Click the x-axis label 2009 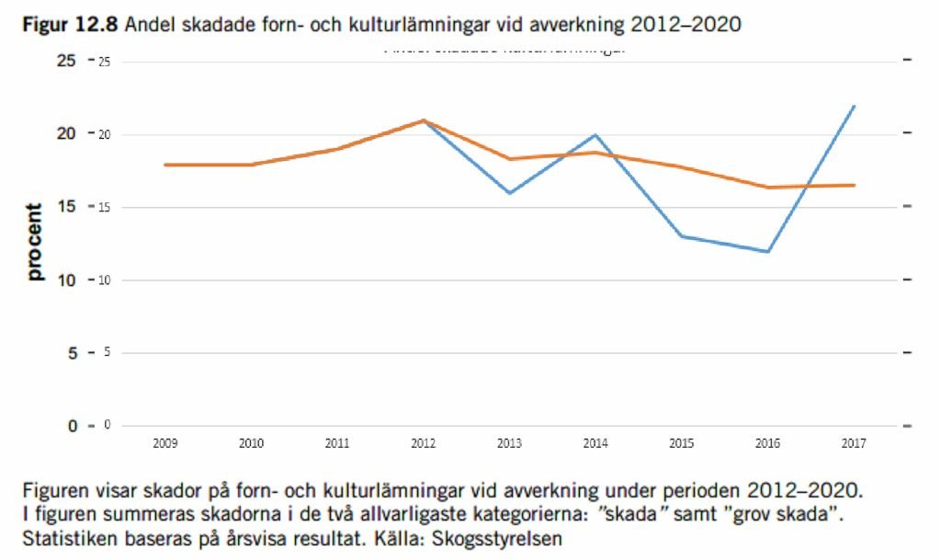(165, 443)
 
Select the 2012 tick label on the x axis (423, 443)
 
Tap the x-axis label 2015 (681, 443)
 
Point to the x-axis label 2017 (853, 443)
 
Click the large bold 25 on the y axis (67, 61)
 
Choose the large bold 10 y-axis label (67, 280)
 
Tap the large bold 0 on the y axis (71, 426)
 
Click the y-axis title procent (35, 242)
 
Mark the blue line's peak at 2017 (855, 106)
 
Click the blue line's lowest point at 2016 (767, 251)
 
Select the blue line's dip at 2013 (509, 193)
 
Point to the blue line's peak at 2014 (595, 135)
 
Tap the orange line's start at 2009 (165, 165)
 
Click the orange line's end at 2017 (855, 185)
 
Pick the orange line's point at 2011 (337, 149)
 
